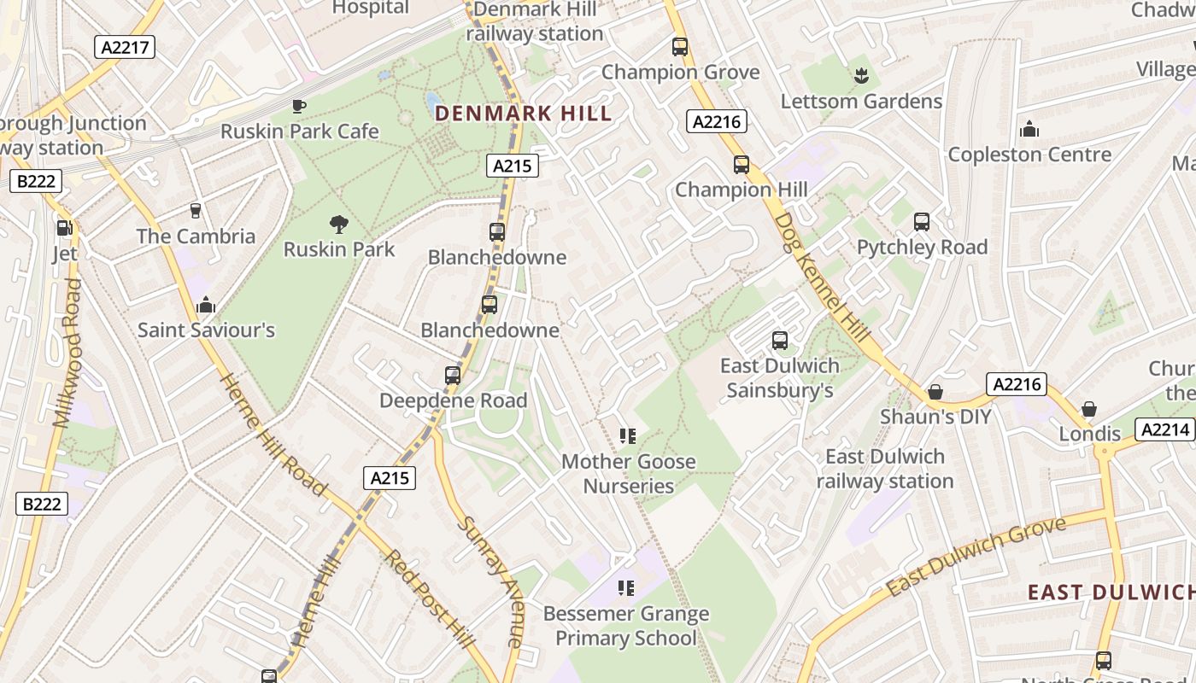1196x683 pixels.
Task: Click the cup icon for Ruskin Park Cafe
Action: pyautogui.click(x=298, y=106)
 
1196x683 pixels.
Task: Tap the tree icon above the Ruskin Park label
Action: pyautogui.click(x=339, y=225)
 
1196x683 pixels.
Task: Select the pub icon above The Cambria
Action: pyautogui.click(x=196, y=211)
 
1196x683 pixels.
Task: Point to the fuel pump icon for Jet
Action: pyautogui.click(x=64, y=228)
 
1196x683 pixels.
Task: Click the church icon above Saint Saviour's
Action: pyautogui.click(x=206, y=305)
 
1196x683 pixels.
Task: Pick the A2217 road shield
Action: pyautogui.click(x=126, y=47)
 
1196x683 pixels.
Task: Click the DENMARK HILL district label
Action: pyautogui.click(x=523, y=114)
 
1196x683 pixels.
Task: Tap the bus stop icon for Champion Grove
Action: pyautogui.click(x=680, y=47)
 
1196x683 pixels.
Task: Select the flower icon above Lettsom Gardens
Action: pyautogui.click(x=860, y=75)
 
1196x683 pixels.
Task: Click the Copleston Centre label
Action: pyautogui.click(x=1029, y=155)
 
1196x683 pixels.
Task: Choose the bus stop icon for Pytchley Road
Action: pyautogui.click(x=922, y=222)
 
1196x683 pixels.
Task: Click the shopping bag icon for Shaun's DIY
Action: pyautogui.click(x=935, y=392)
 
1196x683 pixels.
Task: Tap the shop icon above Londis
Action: pyautogui.click(x=1089, y=409)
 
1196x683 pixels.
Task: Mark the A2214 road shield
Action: pyautogui.click(x=1164, y=429)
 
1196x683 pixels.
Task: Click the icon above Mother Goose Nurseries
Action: pyautogui.click(x=628, y=436)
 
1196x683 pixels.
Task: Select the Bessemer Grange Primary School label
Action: pyautogui.click(x=626, y=626)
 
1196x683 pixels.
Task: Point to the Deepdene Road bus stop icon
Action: pyautogui.click(x=453, y=375)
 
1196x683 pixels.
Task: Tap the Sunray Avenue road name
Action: pyautogui.click(x=491, y=581)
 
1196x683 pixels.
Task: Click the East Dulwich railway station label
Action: pyautogui.click(x=885, y=469)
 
